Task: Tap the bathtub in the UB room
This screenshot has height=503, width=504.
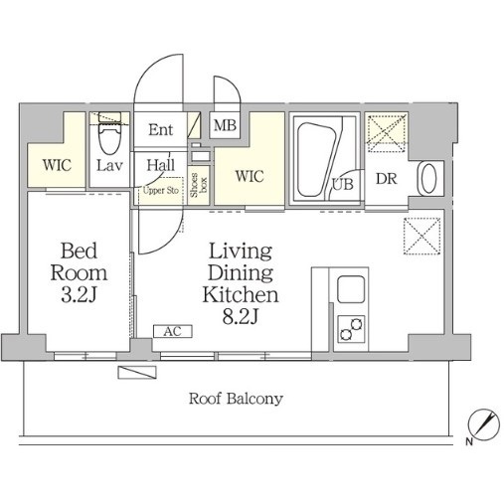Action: pos(317,160)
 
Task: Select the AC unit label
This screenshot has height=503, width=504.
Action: pos(173,331)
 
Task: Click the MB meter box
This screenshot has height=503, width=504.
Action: pos(225,125)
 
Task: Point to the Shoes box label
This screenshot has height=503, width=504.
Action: pos(198,185)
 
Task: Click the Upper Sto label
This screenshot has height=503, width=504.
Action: pos(161,191)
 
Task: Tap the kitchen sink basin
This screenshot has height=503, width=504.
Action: pos(351,288)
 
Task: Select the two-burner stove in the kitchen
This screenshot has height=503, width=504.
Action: pos(351,329)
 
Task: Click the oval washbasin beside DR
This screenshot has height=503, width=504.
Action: pos(427,179)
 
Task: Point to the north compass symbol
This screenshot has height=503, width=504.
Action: pos(483,425)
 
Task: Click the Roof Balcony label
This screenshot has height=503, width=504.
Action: pos(236,399)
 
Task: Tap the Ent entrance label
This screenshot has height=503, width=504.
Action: pos(160,129)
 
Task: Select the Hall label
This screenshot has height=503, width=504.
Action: pos(161,165)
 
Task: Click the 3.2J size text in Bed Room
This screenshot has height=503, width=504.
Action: pos(79,294)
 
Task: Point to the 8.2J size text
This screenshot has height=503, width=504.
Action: pos(241,317)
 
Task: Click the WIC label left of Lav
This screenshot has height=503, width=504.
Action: pos(57,165)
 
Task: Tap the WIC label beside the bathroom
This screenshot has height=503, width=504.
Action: pos(250,176)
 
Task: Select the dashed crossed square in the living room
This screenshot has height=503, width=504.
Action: pos(421,236)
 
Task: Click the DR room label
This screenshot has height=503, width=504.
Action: pos(386,179)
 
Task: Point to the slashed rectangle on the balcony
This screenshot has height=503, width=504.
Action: pos(137,372)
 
